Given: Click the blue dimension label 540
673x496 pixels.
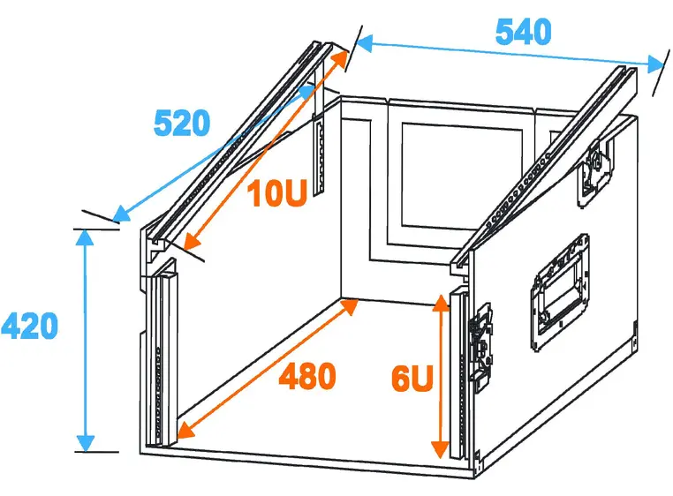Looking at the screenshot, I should (523, 33).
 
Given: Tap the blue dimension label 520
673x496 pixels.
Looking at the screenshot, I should (182, 124).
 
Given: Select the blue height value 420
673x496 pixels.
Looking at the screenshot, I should (29, 327).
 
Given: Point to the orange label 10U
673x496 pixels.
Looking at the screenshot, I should (276, 193).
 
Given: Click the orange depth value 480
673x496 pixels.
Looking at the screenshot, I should (307, 377).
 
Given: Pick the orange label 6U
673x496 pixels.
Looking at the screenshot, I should (412, 380).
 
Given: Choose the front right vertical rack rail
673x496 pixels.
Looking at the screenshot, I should (457, 371).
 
